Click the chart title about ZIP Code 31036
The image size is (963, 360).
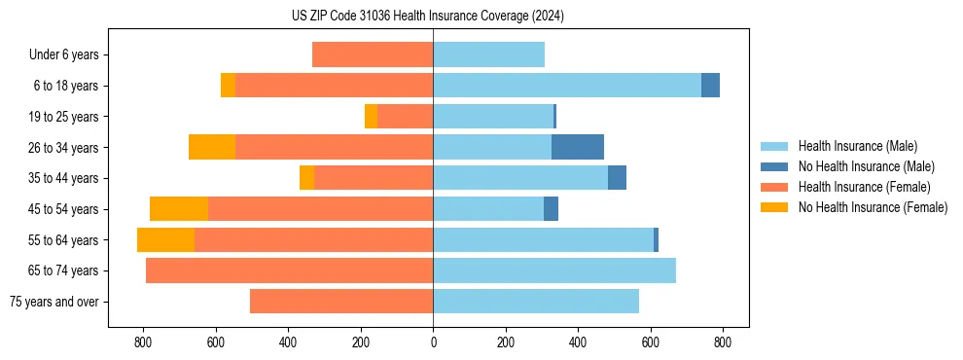(x=427, y=17)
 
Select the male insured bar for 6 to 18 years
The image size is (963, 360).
(x=567, y=86)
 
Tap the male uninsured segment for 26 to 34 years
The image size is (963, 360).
(x=578, y=147)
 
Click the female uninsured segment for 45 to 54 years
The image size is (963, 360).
(x=179, y=208)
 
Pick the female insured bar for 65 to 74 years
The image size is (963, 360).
(x=289, y=270)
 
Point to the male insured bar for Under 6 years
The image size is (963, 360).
(x=488, y=54)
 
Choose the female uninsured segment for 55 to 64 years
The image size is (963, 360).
(x=165, y=239)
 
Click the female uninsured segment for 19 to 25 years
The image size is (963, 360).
(x=371, y=117)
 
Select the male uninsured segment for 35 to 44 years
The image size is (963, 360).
(x=617, y=178)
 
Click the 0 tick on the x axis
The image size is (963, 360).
(x=433, y=342)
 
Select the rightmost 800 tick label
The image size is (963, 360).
(x=723, y=342)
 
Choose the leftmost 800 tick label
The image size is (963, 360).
(x=144, y=342)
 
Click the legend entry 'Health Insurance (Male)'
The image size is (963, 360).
(x=857, y=146)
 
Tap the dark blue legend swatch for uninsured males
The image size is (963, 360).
(x=775, y=166)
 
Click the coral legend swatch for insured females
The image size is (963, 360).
(x=775, y=187)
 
